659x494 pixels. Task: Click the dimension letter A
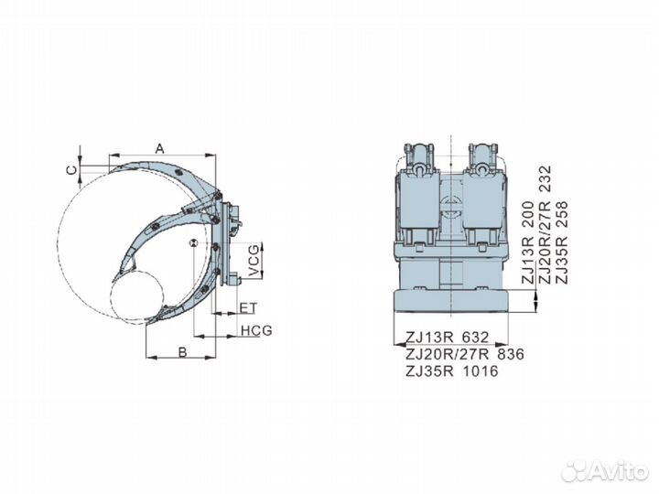coord(159,147)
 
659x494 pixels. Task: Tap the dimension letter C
coord(70,168)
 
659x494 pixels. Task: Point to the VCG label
coord(254,258)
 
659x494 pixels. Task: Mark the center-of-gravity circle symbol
coord(192,242)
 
